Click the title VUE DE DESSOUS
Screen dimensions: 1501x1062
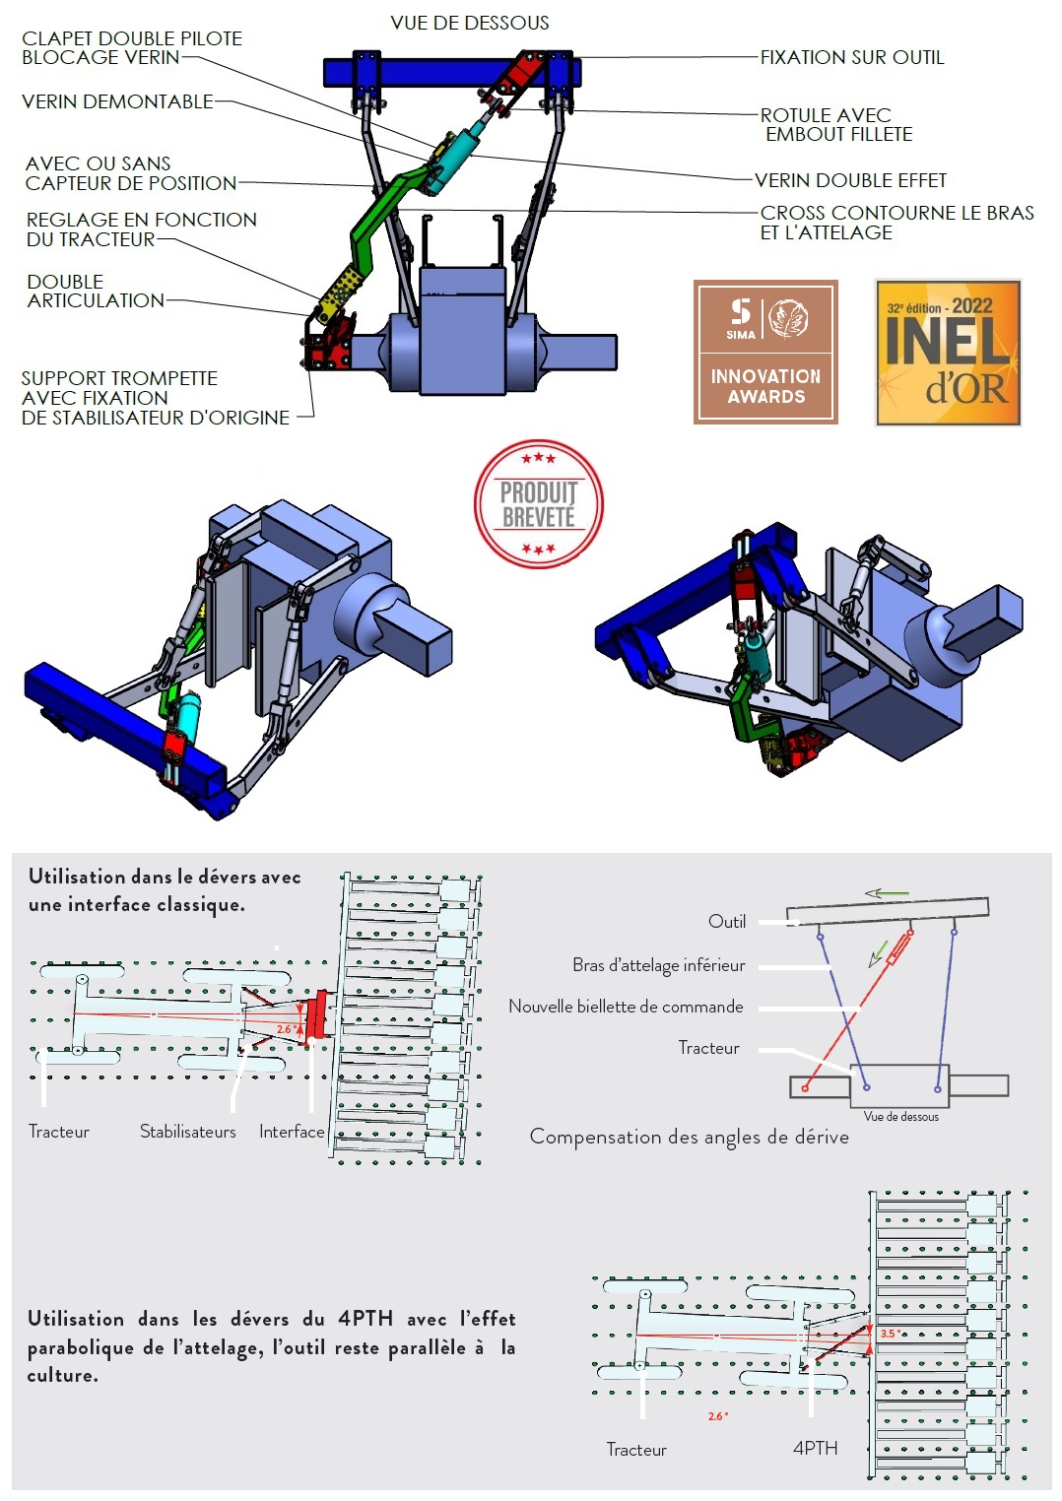[x=469, y=23]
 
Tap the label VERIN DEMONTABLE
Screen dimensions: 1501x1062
[x=117, y=101]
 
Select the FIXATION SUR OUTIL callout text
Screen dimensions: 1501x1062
[x=851, y=57]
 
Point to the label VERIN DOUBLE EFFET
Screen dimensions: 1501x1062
[x=850, y=180]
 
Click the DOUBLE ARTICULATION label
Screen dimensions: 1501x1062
[x=95, y=291]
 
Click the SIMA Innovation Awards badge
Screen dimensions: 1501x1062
[x=765, y=352]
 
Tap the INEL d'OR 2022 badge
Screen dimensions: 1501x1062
[x=948, y=353]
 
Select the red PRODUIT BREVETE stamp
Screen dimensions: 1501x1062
[x=538, y=504]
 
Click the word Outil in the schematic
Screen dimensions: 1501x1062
[x=727, y=921]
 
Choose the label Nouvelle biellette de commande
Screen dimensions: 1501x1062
[x=626, y=1007]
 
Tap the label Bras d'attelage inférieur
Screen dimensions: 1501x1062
[x=658, y=965]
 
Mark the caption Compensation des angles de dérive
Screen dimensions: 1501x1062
[x=689, y=1137]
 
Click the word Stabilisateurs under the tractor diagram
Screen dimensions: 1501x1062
[x=187, y=1132]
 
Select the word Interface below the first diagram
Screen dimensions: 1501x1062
[x=292, y=1132]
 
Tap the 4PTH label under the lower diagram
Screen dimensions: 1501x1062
[x=815, y=1448]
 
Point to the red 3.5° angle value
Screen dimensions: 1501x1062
[x=889, y=1334]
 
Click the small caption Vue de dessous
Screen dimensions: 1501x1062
[x=900, y=1116]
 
